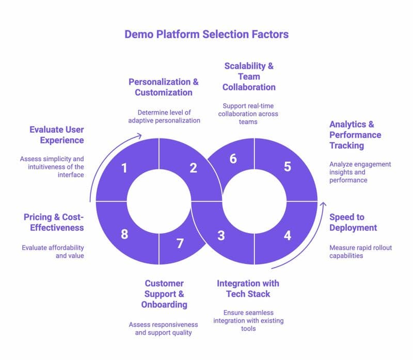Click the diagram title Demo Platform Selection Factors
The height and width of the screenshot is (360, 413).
pyautogui.click(x=206, y=34)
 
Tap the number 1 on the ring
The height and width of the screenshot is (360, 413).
pyautogui.click(x=124, y=168)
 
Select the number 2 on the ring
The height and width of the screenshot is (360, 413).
pyautogui.click(x=193, y=168)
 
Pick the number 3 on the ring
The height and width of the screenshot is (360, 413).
pyautogui.click(x=221, y=236)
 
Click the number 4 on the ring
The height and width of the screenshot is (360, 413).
pyautogui.click(x=288, y=236)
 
